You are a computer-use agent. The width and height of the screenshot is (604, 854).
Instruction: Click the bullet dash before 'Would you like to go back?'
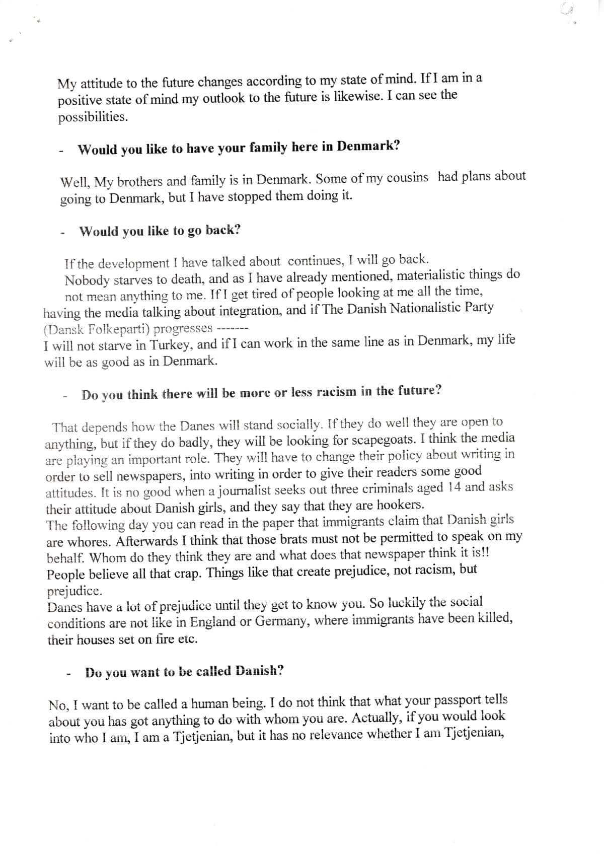click(x=63, y=234)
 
